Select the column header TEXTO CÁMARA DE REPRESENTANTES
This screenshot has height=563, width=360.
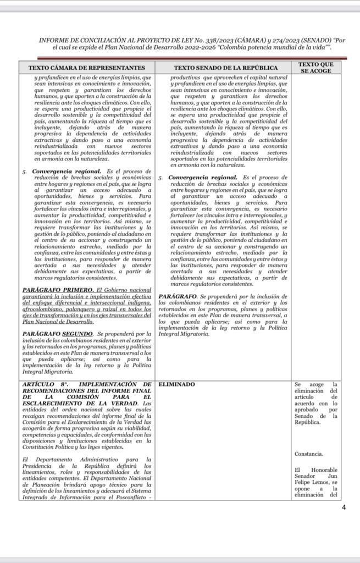87,68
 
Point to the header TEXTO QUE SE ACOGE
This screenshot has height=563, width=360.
315,68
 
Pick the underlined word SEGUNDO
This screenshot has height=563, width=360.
78,334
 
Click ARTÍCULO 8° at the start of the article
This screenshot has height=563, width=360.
42,384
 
